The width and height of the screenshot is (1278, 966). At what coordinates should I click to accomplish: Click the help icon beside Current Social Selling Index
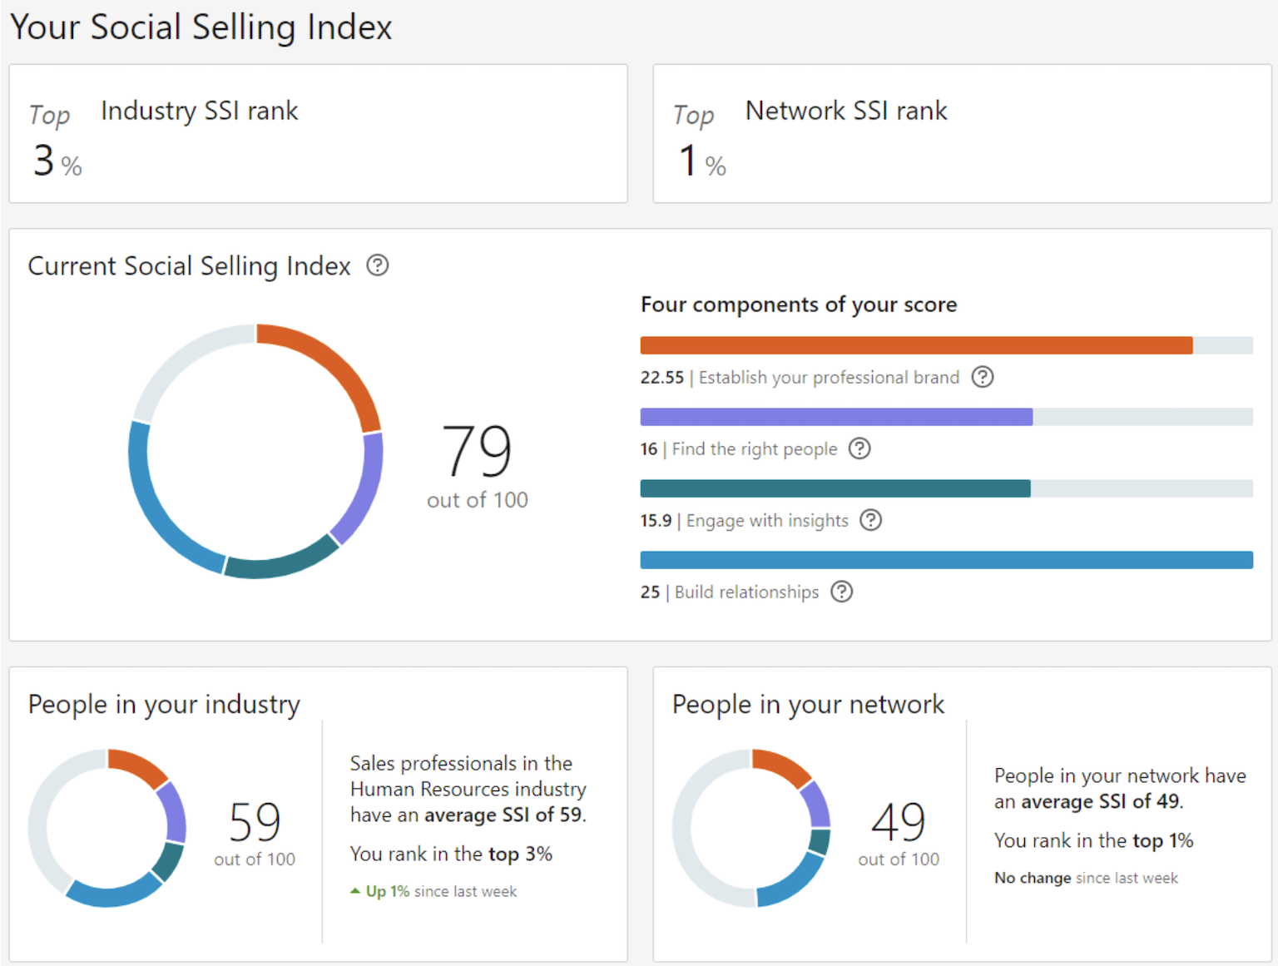[x=378, y=265]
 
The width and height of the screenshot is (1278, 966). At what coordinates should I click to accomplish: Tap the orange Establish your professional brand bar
[x=915, y=345]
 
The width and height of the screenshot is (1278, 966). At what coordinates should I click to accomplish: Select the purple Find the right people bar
[x=835, y=417]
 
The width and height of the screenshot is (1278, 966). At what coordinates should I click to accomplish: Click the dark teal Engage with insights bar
[x=835, y=488]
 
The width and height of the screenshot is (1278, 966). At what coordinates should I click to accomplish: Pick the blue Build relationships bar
[x=946, y=560]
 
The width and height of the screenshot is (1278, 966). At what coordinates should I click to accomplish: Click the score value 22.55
[x=661, y=378]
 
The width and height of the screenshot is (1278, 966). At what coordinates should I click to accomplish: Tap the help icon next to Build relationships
[x=842, y=592]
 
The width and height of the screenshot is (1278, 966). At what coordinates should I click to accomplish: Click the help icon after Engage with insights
[x=870, y=520]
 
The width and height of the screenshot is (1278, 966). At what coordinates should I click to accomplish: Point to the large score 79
[x=477, y=451]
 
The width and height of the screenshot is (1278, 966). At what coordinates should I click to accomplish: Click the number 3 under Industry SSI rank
[x=43, y=161]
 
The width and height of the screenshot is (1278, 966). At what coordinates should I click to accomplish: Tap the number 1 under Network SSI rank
[x=687, y=161]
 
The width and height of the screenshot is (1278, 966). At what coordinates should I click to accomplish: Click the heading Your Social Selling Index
[x=201, y=27]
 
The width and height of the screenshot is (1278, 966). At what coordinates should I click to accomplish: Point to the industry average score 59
[x=255, y=822]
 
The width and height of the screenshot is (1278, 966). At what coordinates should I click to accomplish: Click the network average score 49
[x=899, y=822]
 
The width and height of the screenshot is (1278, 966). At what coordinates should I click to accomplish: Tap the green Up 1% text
[x=387, y=891]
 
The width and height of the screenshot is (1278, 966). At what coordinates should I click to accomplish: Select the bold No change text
[x=1033, y=878]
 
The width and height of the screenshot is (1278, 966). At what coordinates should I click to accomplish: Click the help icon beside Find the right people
[x=859, y=448]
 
